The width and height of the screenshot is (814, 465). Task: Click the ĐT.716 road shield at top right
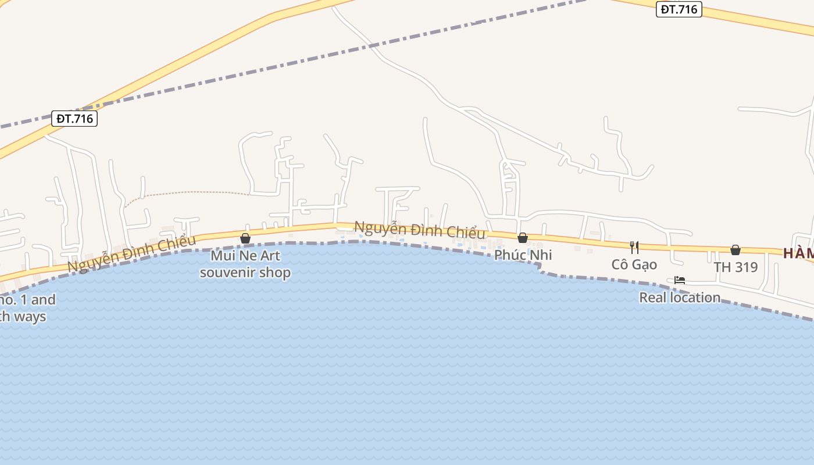pyautogui.click(x=679, y=9)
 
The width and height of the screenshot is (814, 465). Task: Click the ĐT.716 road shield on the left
pyautogui.click(x=74, y=119)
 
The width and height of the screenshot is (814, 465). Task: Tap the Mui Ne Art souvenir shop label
pyautogui.click(x=245, y=263)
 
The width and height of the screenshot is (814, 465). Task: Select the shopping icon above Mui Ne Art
pyautogui.click(x=245, y=238)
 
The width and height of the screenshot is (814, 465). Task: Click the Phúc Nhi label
pyautogui.click(x=523, y=255)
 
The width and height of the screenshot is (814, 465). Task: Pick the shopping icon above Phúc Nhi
pyautogui.click(x=523, y=238)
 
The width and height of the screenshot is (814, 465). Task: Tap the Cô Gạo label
pyautogui.click(x=634, y=264)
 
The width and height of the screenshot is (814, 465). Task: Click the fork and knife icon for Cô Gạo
pyautogui.click(x=634, y=248)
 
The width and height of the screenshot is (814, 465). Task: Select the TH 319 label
pyautogui.click(x=736, y=267)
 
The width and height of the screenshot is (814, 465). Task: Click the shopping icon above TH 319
pyautogui.click(x=736, y=250)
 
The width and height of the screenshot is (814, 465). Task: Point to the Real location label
pyautogui.click(x=679, y=298)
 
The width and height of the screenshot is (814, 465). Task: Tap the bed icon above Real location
pyautogui.click(x=679, y=280)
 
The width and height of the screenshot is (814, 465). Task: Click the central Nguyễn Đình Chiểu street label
pyautogui.click(x=419, y=230)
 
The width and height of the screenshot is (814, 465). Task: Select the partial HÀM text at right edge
pyautogui.click(x=798, y=253)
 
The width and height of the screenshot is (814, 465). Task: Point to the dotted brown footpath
pyautogui.click(x=186, y=192)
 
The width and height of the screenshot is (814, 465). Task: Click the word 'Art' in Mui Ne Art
pyautogui.click(x=269, y=256)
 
